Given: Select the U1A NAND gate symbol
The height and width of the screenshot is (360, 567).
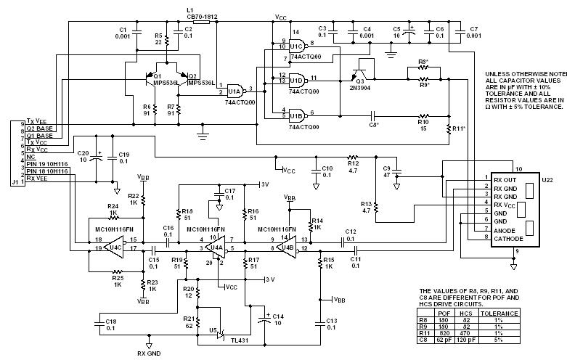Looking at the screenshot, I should (x=235, y=91).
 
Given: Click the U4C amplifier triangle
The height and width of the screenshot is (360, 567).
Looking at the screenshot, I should (x=114, y=247).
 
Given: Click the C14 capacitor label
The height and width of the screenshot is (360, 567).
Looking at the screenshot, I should (x=277, y=316).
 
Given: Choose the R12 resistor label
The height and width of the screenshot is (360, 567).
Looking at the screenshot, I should (x=353, y=156).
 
